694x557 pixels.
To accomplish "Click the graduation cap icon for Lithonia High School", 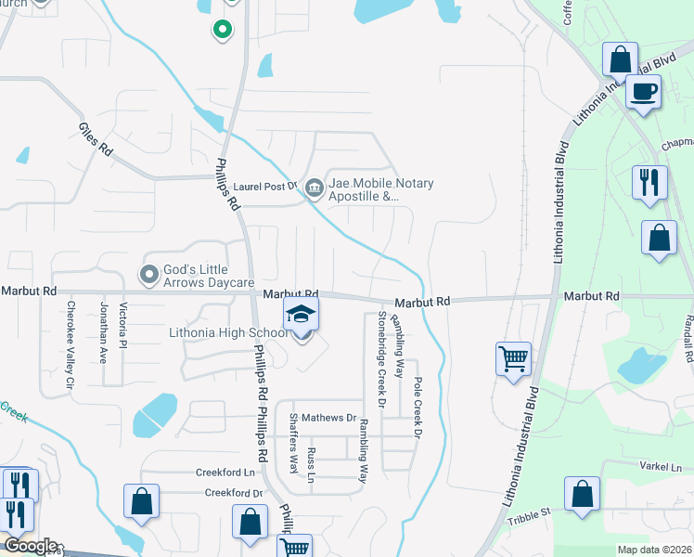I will (x=301, y=316).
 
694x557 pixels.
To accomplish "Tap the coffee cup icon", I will (x=643, y=92).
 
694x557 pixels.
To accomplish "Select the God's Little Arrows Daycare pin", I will (x=148, y=274).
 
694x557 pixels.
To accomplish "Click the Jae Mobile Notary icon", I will (x=315, y=188).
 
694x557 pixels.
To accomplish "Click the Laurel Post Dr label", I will (x=263, y=186).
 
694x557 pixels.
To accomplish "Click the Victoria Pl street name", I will (x=122, y=327).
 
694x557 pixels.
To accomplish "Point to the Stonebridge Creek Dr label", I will (x=380, y=359).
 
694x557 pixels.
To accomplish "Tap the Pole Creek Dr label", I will (x=418, y=408).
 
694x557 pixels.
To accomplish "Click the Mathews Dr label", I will (x=328, y=418).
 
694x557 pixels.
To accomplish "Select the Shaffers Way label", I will (x=294, y=444).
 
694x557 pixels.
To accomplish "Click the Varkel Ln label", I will (x=660, y=463).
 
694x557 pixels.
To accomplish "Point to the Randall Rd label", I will (x=688, y=338).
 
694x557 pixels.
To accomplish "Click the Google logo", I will (x=31, y=545).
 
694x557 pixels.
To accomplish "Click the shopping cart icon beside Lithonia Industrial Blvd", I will (x=512, y=357).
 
